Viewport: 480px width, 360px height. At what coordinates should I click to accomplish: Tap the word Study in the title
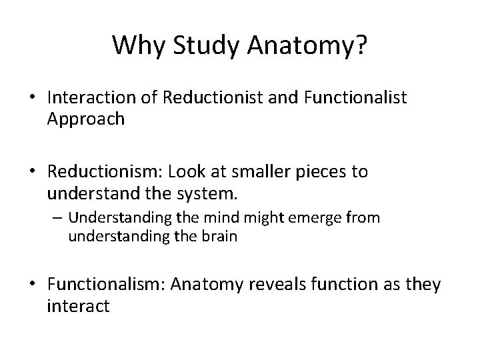[x=197, y=45]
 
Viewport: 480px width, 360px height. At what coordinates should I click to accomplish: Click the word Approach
[x=86, y=119]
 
